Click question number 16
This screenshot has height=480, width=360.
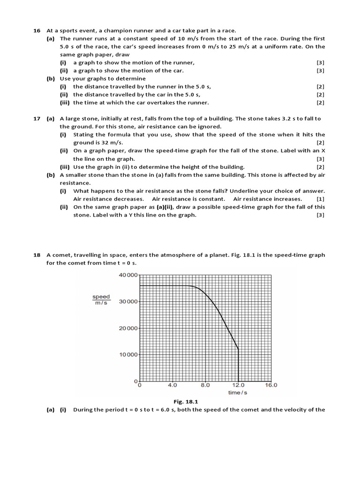point(37,30)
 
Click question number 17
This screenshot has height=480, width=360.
point(37,119)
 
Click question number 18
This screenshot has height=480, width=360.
point(37,255)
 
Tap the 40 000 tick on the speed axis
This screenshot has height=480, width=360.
point(128,275)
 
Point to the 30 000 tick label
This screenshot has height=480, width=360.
point(128,302)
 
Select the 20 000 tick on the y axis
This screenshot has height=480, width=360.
point(128,328)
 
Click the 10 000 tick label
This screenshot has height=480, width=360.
point(128,355)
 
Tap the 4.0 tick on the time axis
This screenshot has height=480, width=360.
point(172,385)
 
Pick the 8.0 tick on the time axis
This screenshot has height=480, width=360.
point(205,385)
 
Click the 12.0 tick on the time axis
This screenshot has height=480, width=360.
point(239,385)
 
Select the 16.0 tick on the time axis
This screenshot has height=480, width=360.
point(271,385)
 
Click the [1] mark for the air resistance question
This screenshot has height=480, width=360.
point(321,199)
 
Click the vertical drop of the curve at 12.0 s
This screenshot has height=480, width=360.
point(239,366)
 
